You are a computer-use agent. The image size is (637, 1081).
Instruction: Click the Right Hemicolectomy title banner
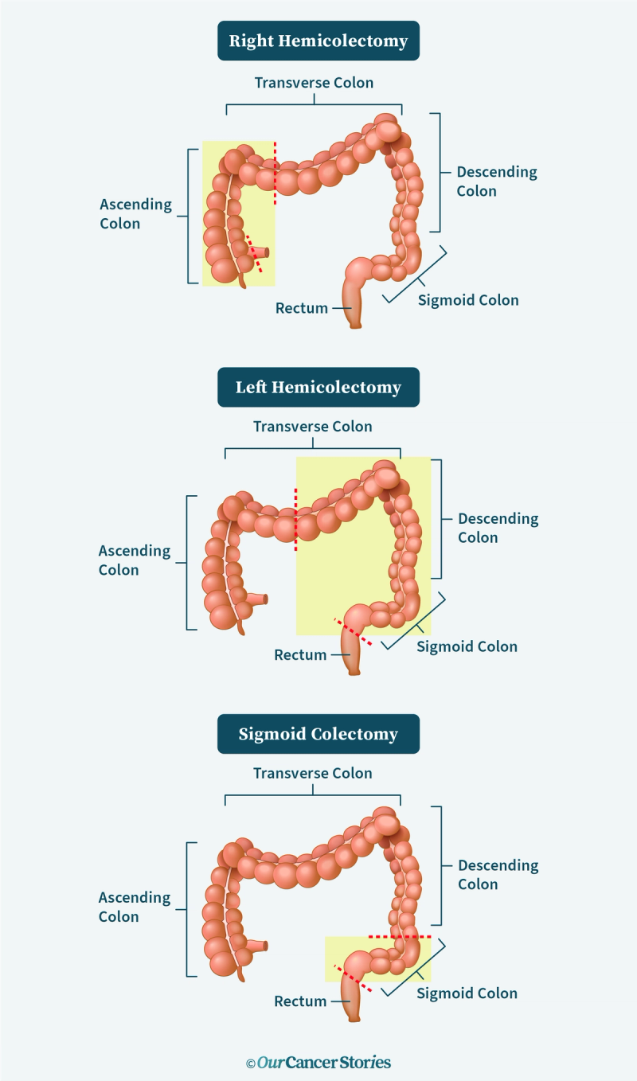pos(318,41)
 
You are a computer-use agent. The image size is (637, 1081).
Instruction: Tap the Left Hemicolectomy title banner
pos(318,388)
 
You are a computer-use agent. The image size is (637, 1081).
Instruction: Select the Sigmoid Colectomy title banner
pos(318,734)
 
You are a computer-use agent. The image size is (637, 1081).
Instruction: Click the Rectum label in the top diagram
pos(302,308)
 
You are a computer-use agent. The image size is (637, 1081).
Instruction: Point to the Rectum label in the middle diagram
pos(300,655)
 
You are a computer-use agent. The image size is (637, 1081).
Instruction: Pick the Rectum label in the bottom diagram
pos(300,1001)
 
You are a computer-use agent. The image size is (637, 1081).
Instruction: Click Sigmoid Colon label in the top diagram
pos(468,300)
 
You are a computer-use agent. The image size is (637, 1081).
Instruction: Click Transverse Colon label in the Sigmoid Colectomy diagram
pos(313,773)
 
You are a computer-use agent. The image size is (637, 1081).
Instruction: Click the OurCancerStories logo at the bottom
pos(318,1062)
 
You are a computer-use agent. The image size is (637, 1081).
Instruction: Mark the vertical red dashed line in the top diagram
pos(276,174)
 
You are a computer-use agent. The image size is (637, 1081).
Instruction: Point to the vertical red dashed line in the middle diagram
pos(295,520)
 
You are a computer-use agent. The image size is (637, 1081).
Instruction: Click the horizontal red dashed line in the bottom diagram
pos(400,937)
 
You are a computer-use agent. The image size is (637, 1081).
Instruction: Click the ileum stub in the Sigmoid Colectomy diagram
pos(259,946)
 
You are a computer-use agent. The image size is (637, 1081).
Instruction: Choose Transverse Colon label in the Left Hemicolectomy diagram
pos(313,427)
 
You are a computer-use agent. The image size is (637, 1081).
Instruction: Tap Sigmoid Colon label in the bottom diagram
pos(467,993)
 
